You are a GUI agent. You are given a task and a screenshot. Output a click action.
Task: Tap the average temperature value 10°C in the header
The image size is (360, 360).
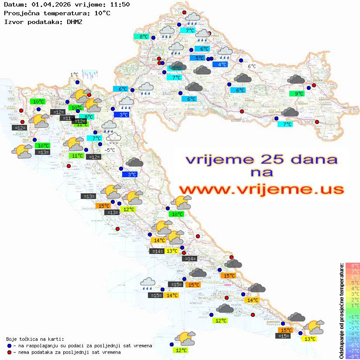coord(102,13)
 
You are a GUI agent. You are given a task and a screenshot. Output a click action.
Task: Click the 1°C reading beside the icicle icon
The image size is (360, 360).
coord(74,75)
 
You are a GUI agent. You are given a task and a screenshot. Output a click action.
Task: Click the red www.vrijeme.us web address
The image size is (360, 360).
coord(261,190)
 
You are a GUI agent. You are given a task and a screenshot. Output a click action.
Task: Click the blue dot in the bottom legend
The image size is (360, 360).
coord(9,346)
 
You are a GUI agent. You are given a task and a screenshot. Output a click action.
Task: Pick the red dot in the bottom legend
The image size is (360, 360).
coord(9,352)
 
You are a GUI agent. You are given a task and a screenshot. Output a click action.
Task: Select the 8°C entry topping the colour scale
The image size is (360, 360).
coord(352,266)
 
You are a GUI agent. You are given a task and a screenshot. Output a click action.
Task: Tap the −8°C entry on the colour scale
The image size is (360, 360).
coord(352,356)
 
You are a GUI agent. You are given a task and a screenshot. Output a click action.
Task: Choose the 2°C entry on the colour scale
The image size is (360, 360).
coord(352,300)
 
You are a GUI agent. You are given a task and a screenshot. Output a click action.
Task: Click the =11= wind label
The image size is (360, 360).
coord(66,118)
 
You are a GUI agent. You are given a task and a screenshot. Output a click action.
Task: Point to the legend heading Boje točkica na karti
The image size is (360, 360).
coord(35,339)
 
